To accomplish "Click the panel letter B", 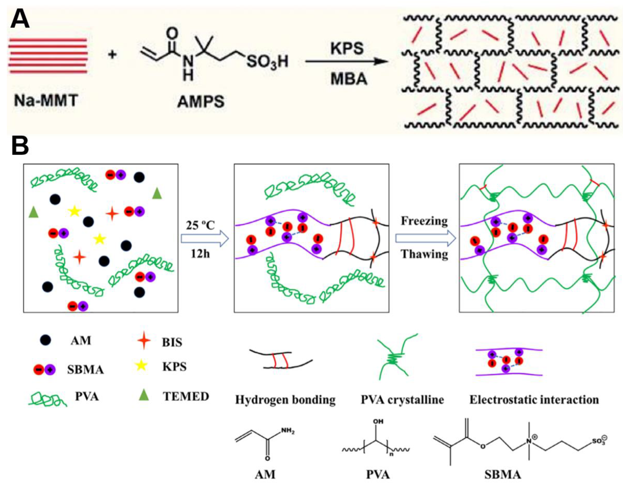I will pos(20,146).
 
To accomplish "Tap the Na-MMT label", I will pos(46,100).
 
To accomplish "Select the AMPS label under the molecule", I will pos(201,101).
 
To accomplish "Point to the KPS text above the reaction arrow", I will pos(347,48).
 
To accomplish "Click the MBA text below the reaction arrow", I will pos(349,79).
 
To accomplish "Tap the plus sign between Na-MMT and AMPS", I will pos(113,54).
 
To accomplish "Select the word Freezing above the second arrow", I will pos(424,221).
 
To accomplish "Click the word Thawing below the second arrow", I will pos(424,254).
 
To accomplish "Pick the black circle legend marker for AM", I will pos(46,340).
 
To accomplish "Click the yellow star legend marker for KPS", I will pos(141,366).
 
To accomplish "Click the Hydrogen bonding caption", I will pos(285,400).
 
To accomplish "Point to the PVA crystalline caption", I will pos(402,400).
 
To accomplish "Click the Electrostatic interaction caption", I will pos(534,400).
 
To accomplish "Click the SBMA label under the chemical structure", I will pos(502,475).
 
